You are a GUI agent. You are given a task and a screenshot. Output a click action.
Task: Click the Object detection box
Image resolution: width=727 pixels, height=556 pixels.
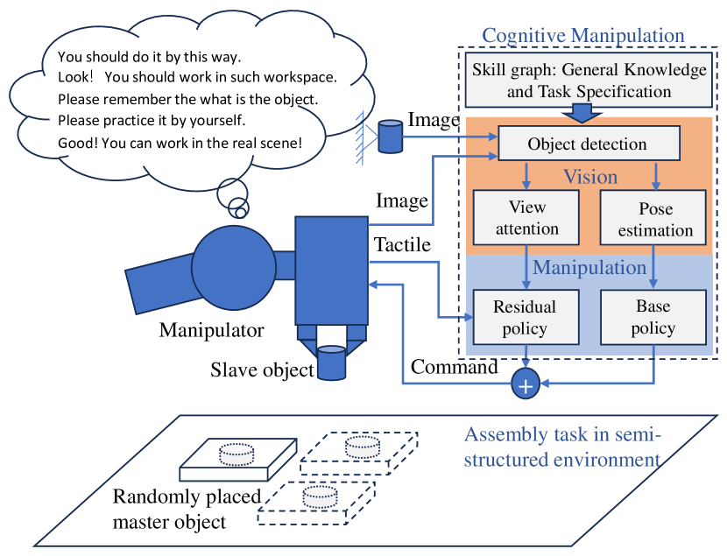pyautogui.click(x=587, y=144)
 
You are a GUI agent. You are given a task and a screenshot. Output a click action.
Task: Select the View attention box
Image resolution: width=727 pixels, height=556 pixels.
pyautogui.click(x=526, y=218)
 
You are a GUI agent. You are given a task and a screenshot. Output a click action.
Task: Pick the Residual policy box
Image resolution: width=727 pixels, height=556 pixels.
pyautogui.click(x=526, y=317)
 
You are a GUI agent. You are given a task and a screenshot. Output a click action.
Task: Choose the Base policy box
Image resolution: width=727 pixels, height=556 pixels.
pyautogui.click(x=653, y=317)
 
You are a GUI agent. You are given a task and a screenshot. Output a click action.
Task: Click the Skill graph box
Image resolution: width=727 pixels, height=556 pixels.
pyautogui.click(x=589, y=80)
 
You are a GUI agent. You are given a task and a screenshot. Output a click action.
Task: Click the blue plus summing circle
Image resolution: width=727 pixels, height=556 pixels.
pyautogui.click(x=526, y=384)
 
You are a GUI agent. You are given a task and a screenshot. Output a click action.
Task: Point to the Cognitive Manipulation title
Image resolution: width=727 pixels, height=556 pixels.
pyautogui.click(x=583, y=36)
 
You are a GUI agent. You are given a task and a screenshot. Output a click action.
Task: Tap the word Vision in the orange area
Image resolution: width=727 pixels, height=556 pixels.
pyautogui.click(x=590, y=177)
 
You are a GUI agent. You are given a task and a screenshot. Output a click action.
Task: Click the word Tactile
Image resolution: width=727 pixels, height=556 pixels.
pyautogui.click(x=402, y=245)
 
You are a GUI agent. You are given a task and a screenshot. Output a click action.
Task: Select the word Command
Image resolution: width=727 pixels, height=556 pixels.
pyautogui.click(x=454, y=367)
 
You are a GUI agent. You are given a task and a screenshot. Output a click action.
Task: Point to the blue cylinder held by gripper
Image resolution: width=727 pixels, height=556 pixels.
pyautogui.click(x=332, y=362)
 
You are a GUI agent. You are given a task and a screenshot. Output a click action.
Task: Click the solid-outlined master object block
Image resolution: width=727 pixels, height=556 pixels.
pyautogui.click(x=236, y=462)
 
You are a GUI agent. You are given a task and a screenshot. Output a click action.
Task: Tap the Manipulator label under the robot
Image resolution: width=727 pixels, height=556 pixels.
pyautogui.click(x=211, y=330)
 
